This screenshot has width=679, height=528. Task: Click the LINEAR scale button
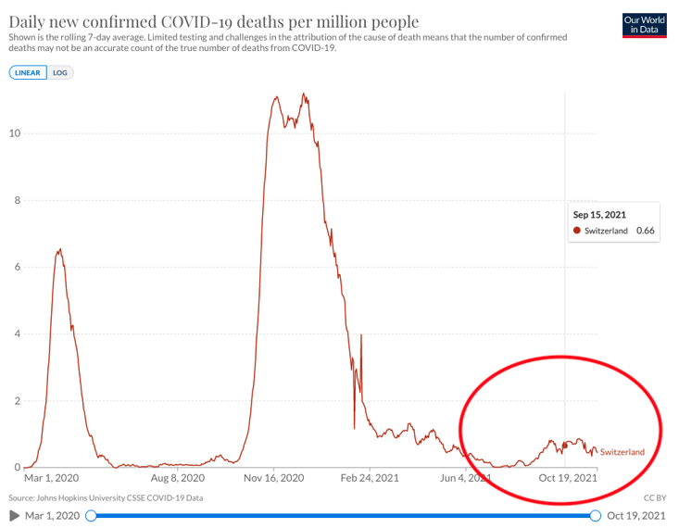(x=29, y=72)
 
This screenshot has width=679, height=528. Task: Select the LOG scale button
(x=60, y=72)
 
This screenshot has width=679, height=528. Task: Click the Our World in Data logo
(x=645, y=25)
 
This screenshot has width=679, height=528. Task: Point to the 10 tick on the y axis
(x=15, y=133)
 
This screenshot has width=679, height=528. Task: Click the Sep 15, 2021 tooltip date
(x=599, y=214)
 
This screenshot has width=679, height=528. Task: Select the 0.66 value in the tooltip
(x=646, y=231)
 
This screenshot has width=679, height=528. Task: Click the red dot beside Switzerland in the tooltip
(x=578, y=231)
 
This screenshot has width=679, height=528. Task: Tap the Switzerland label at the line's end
(x=622, y=452)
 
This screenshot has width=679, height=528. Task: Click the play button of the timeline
(x=15, y=515)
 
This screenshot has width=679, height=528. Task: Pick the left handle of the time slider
(x=91, y=515)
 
